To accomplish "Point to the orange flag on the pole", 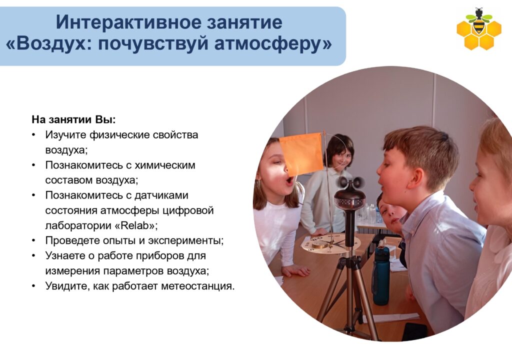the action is click(300, 153).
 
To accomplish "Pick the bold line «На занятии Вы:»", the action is click(74, 120).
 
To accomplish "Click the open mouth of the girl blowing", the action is click(289, 180).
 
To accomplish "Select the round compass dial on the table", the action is click(330, 243).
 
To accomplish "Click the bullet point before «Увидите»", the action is click(33, 286).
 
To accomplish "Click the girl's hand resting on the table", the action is click(296, 270).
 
